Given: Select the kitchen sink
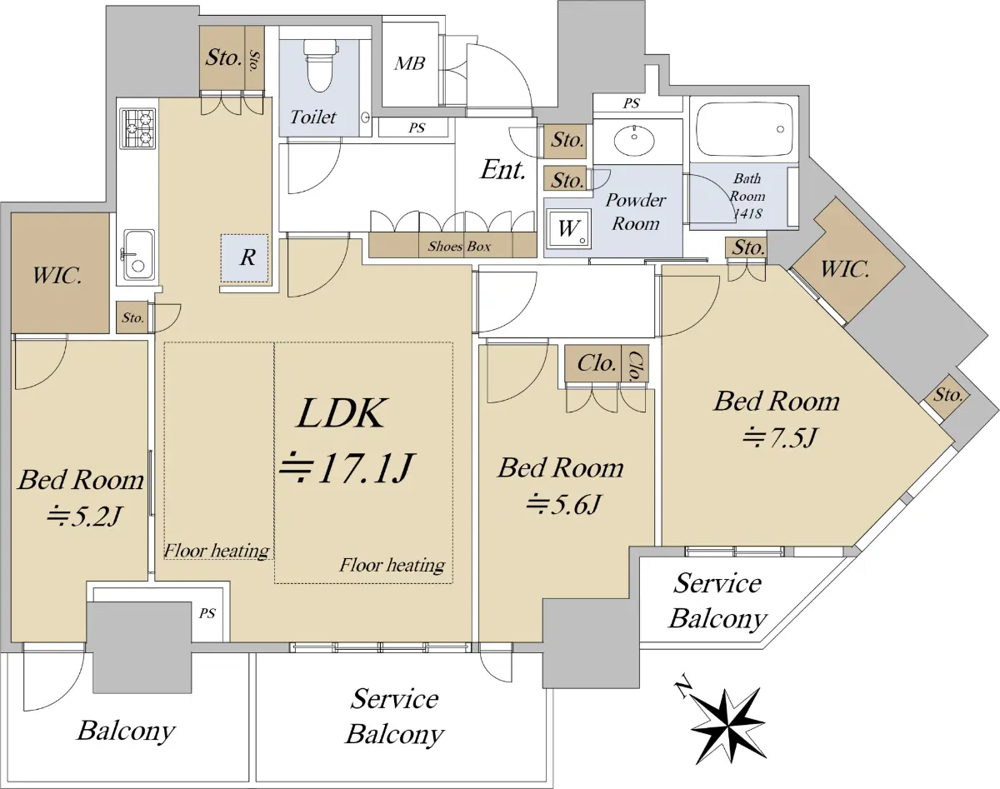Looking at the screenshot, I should click(x=138, y=254).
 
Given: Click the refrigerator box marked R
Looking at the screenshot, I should click(x=247, y=257).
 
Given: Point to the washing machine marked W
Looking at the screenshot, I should click(x=567, y=227).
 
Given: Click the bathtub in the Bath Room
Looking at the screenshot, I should click(x=743, y=129).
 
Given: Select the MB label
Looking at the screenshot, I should click(x=409, y=63).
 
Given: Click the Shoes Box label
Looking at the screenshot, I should click(x=458, y=246).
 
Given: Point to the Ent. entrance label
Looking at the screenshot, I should click(x=502, y=171).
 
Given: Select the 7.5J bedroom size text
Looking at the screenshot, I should click(x=777, y=436).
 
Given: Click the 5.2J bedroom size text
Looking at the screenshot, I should click(x=83, y=517).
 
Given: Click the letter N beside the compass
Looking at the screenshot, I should click(x=684, y=687).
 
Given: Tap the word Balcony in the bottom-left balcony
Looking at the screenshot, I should click(x=126, y=732).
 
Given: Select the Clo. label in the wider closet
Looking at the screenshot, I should click(x=597, y=363).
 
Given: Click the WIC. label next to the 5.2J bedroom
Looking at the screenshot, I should click(x=57, y=274).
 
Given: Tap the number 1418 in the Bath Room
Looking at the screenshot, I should click(x=747, y=213).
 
